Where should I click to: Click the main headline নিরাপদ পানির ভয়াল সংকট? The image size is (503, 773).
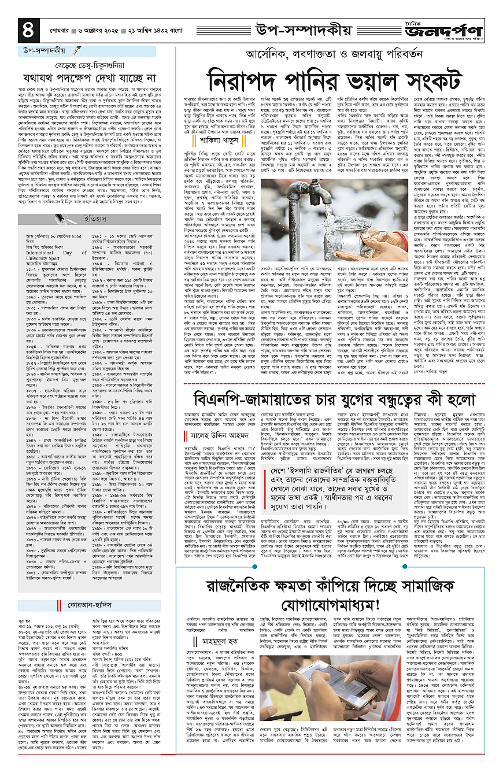coord(339,80)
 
